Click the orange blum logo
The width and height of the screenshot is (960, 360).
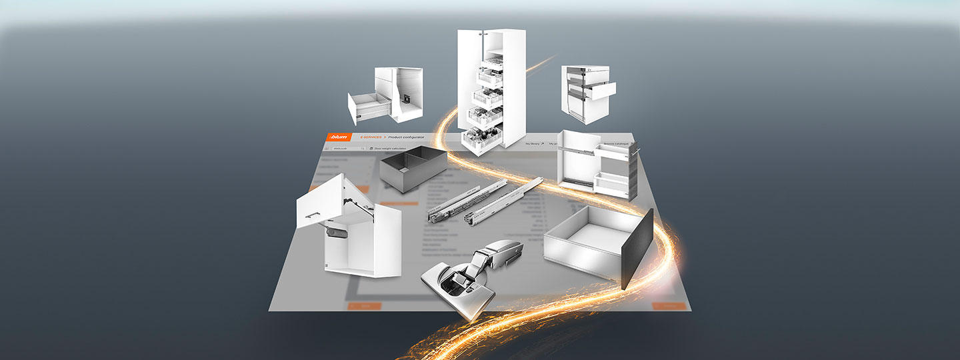339,137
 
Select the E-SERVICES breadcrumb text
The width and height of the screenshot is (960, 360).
371,137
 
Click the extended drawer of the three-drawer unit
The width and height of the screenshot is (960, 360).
599,90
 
